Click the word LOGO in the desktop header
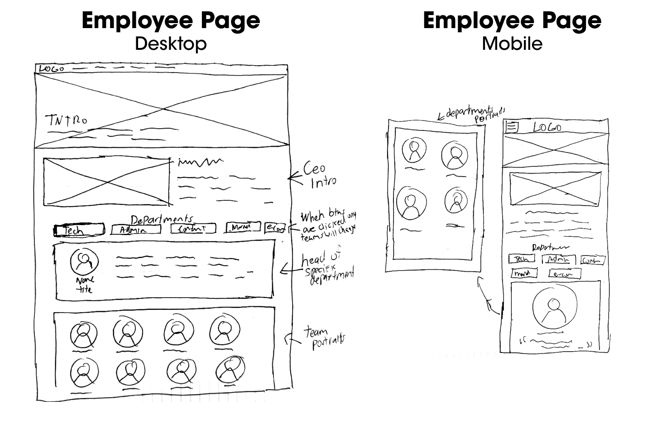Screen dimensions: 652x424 click(x=51, y=69)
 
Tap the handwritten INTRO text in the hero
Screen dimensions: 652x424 click(x=66, y=120)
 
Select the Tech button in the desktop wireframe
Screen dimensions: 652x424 click(x=79, y=230)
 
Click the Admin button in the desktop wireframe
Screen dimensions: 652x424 click(x=135, y=230)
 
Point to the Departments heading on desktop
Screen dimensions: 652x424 click(x=161, y=219)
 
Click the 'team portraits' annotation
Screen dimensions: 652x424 click(x=322, y=339)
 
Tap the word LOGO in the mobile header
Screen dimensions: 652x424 click(x=547, y=128)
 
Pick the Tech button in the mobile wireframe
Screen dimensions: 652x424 click(x=521, y=259)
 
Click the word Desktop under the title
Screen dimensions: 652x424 click(x=171, y=43)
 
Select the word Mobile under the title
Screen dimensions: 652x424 click(x=512, y=43)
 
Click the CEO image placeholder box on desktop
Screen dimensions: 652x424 click(x=106, y=181)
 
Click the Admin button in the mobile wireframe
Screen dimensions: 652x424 click(x=561, y=260)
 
